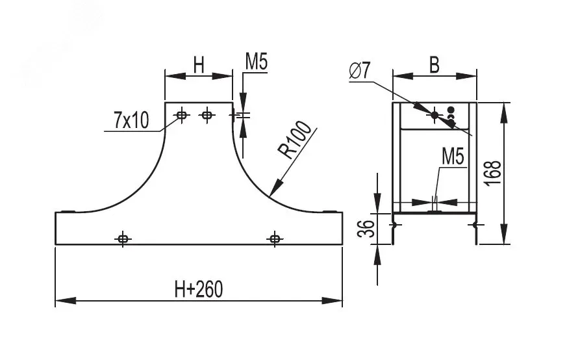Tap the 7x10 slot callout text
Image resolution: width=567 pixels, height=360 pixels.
pos(131,120)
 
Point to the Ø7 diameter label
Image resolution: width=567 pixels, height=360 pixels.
pos(359,71)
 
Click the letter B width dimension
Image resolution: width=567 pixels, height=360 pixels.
pos(435,65)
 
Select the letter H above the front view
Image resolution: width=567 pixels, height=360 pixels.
pos(199,65)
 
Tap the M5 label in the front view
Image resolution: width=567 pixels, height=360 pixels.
pos(257,62)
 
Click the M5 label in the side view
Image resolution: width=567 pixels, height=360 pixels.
pos(453,157)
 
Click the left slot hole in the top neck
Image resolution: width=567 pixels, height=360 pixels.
pos(182,116)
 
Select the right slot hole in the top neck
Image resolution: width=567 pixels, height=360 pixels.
pos(207,116)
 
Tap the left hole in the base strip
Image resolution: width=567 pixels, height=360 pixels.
pos(123,238)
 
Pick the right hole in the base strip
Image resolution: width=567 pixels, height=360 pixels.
pos(275,238)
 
